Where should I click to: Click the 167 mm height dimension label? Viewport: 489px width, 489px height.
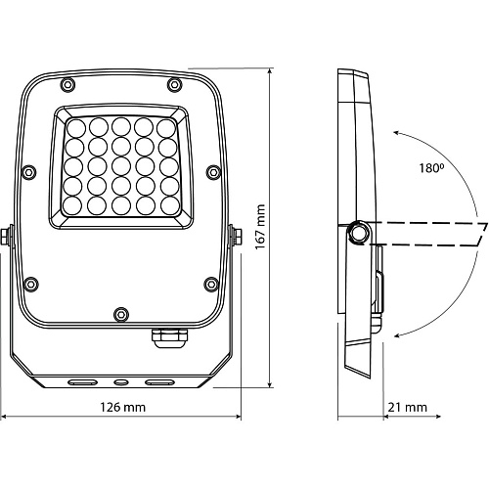tap(260, 227)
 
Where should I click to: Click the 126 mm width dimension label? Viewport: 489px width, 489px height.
tap(122, 407)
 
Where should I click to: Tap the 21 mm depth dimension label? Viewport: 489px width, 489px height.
tap(407, 407)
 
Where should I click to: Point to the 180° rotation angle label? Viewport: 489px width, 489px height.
tap(431, 168)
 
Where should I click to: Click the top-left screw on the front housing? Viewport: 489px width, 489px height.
tap(67, 85)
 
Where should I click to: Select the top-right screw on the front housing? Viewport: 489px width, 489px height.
tap(174, 85)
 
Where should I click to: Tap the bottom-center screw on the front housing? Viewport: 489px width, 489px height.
tap(121, 315)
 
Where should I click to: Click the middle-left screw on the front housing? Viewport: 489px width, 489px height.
tap(29, 171)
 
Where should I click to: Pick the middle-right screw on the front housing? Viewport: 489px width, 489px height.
tap(213, 171)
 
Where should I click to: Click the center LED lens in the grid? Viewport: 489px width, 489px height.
tap(121, 166)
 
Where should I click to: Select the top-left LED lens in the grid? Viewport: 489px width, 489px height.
tap(75, 128)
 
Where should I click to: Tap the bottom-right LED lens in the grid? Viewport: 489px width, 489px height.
tap(170, 206)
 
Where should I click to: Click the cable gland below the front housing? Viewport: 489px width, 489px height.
tap(170, 338)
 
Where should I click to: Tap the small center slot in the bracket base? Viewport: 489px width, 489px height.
tap(121, 382)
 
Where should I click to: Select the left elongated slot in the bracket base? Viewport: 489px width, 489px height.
tap(83, 382)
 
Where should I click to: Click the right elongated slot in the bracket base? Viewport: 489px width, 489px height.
tap(159, 382)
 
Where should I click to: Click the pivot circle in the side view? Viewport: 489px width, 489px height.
tap(359, 233)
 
